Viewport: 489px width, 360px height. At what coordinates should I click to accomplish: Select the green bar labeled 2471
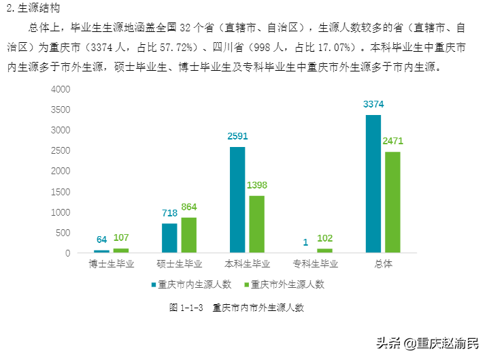(392, 202)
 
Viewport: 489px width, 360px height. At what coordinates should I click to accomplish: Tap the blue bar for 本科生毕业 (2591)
(237, 199)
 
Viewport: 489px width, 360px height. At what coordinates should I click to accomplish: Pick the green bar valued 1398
(256, 224)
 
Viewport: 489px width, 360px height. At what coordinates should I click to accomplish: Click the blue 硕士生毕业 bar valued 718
(169, 238)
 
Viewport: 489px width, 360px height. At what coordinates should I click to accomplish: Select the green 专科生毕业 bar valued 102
(324, 250)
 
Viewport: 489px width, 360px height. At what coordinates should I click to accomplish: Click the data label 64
(102, 240)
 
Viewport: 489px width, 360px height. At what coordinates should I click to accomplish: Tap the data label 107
(121, 238)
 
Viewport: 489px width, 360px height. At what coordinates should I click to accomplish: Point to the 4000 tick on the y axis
(61, 90)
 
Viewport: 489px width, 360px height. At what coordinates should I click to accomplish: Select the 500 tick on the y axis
(63, 233)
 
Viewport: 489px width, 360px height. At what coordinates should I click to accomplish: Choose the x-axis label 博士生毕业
(112, 264)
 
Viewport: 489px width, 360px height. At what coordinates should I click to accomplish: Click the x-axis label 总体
(383, 264)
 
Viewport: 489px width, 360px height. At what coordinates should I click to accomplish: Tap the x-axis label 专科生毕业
(316, 264)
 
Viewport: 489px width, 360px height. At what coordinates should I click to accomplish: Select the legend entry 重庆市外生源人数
(286, 284)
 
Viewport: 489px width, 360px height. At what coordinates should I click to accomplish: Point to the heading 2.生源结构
(28, 8)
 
